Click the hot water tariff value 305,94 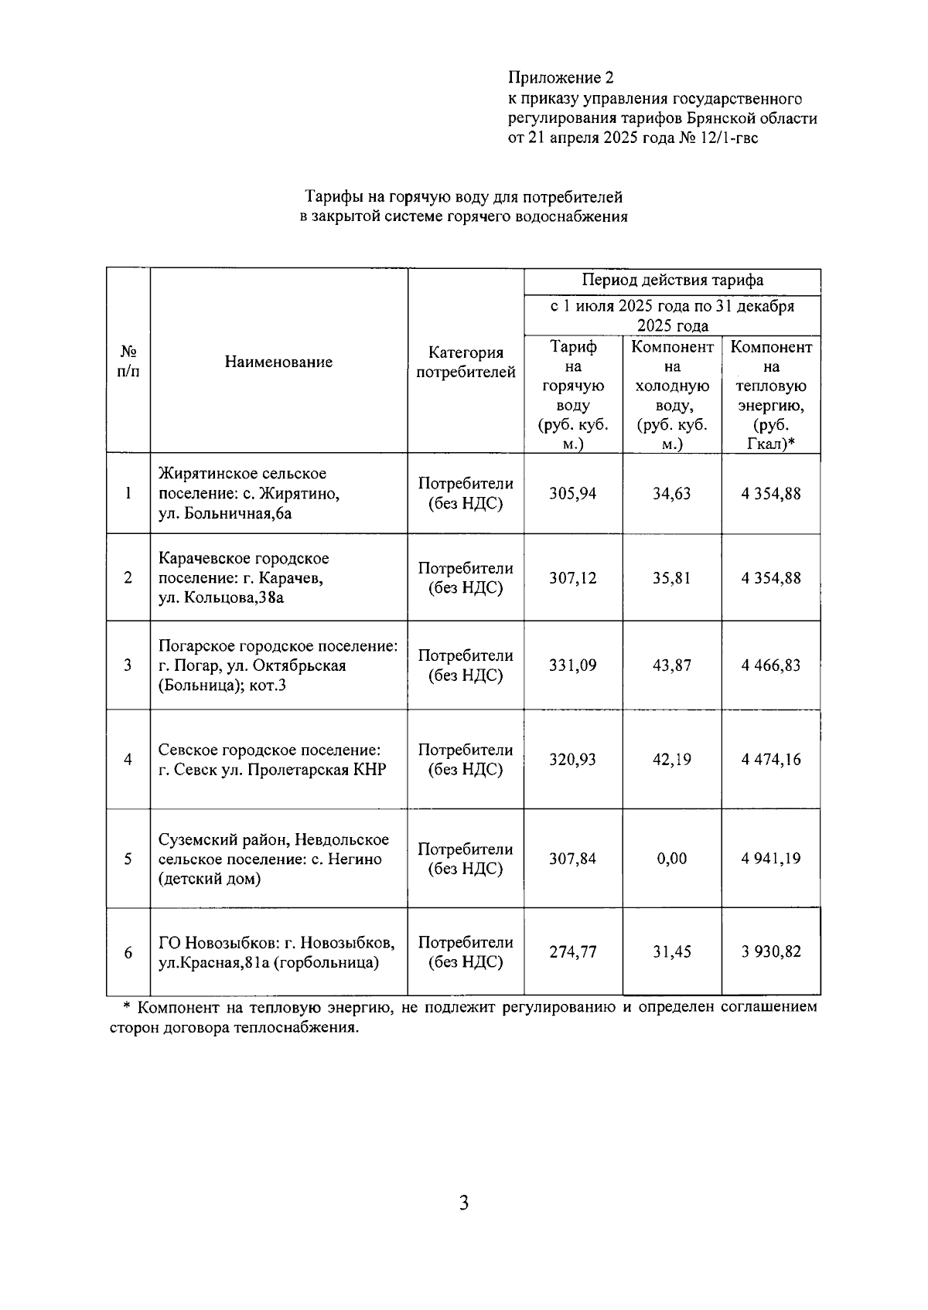point(573,494)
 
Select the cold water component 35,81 point(671,578)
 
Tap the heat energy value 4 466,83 point(770,665)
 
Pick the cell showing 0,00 point(671,859)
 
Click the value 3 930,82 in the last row point(770,952)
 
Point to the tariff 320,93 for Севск point(573,760)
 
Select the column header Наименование point(278,362)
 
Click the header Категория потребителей point(466,362)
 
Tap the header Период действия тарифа point(672,281)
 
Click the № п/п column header point(128,362)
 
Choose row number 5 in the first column point(128,859)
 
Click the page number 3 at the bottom point(463,1203)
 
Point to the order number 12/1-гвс point(729,138)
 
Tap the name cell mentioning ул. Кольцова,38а point(244,578)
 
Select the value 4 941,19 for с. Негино point(770,859)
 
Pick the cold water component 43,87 point(671,665)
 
